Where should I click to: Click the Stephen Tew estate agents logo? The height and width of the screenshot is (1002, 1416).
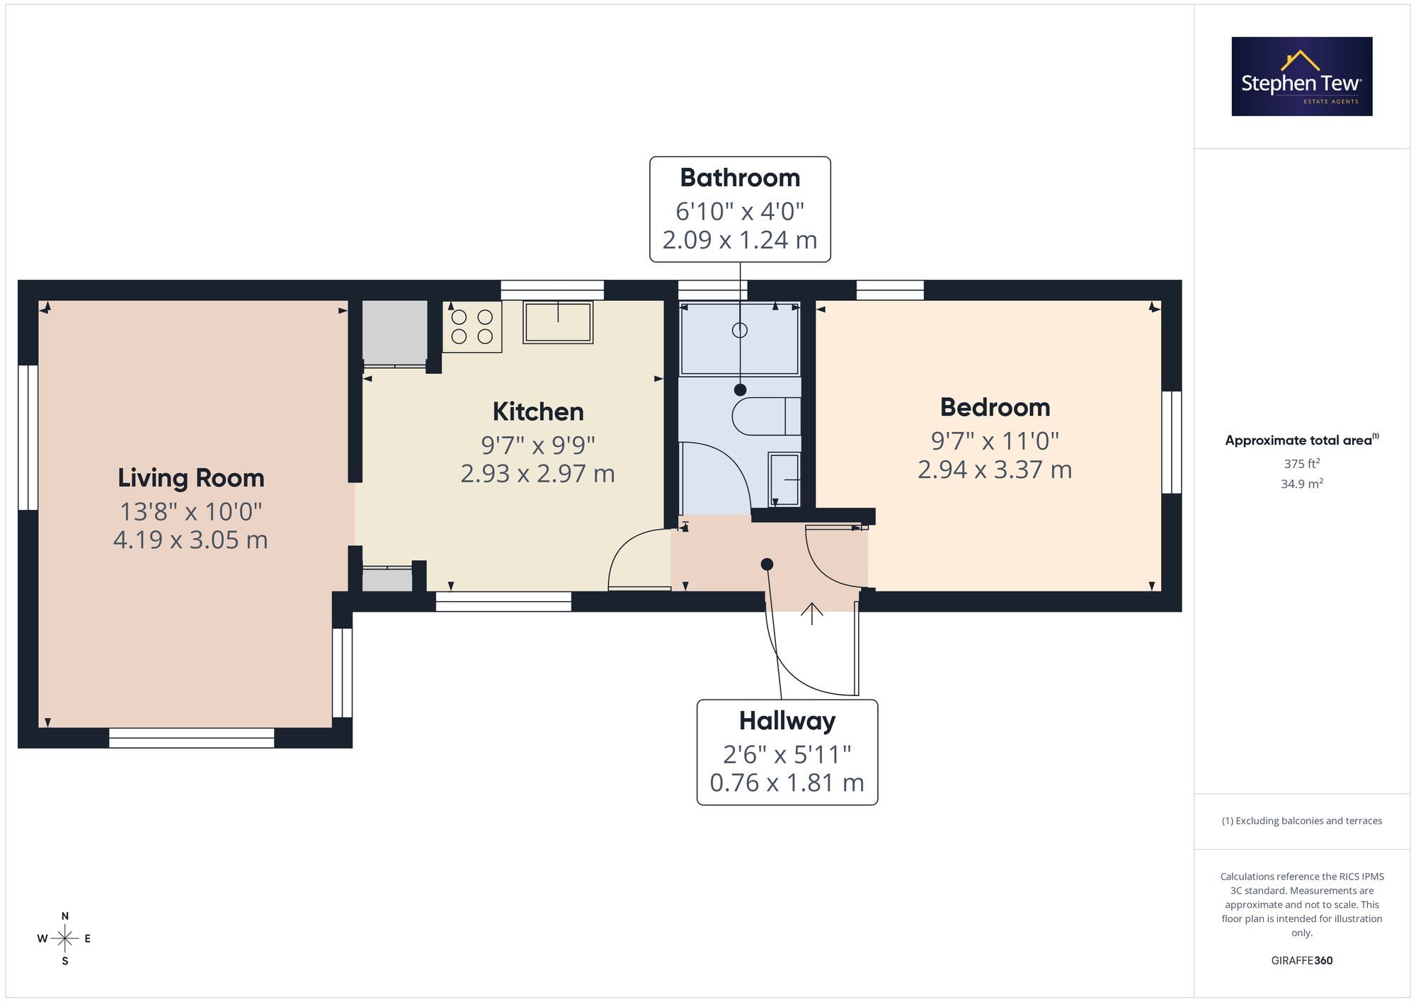pos(1302,76)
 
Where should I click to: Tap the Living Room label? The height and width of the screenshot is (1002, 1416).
pos(191,478)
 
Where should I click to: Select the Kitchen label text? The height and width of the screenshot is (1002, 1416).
pos(538,411)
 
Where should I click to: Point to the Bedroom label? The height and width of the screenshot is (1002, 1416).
pos(995,407)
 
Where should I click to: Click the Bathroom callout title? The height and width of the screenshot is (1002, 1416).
pos(740,178)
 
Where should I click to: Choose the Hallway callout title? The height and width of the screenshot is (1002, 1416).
pos(787,721)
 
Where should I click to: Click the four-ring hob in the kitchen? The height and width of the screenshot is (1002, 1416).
pos(472,326)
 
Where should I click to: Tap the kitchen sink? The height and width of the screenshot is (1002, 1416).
pos(558,322)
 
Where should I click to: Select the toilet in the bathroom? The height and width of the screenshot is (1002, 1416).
pos(766,416)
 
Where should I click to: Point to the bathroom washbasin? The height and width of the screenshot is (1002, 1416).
pos(784,479)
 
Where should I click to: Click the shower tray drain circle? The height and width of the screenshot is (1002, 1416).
pos(740,330)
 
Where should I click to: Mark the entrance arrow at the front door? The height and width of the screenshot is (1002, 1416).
pos(811,613)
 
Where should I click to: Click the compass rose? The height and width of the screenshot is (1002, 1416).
pos(64,939)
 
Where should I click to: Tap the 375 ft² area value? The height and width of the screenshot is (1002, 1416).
pos(1302,464)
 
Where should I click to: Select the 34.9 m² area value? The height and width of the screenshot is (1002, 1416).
pos(1302,484)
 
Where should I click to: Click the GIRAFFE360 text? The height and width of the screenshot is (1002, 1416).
pos(1302,961)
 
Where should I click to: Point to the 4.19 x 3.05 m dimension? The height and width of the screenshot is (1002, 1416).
pos(190,540)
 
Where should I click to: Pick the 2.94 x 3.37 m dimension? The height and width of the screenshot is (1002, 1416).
pos(995,469)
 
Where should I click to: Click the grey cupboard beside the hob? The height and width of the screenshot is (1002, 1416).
pos(395,333)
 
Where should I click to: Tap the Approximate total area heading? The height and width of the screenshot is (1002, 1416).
pos(1302,440)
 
